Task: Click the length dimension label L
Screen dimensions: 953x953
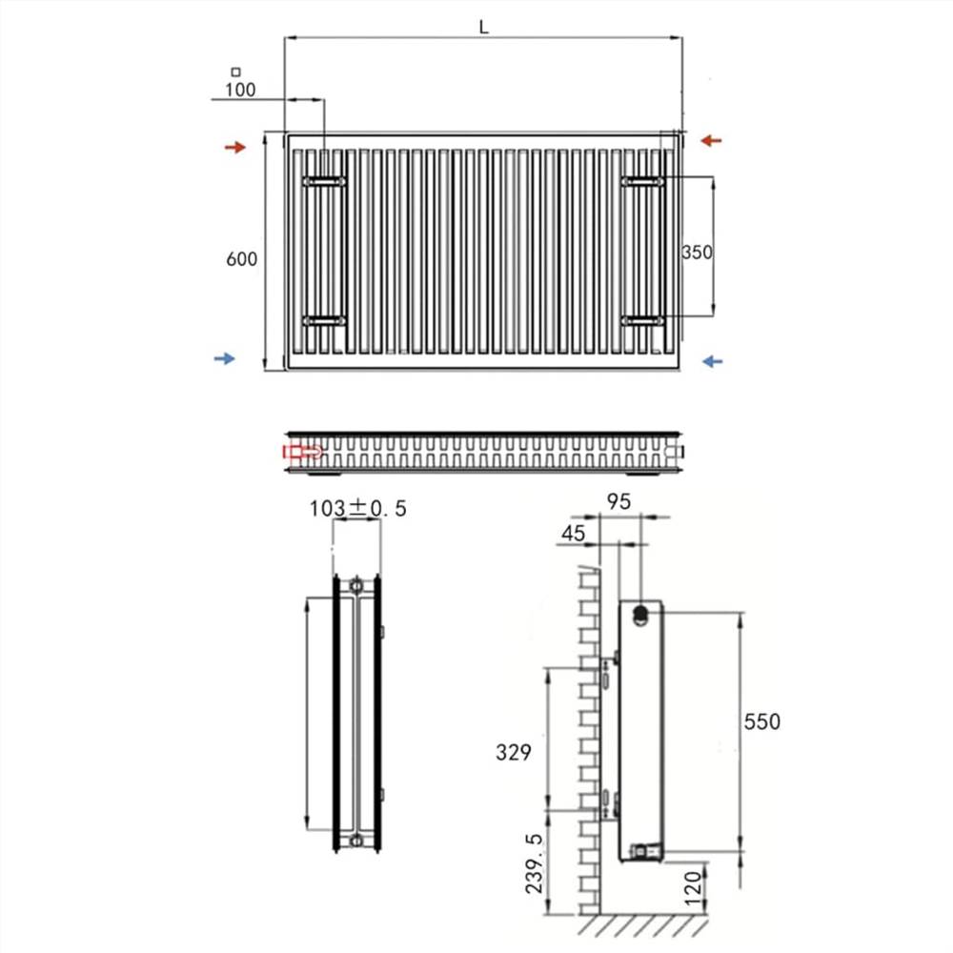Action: (484, 28)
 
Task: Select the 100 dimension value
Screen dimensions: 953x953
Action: (240, 91)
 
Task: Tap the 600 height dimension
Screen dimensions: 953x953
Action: (241, 259)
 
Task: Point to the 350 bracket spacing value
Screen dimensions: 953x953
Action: (697, 253)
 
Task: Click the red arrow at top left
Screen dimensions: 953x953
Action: (234, 147)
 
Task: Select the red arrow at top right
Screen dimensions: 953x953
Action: (711, 141)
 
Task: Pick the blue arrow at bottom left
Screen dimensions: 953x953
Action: (224, 358)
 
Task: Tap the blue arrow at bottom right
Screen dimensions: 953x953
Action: (711, 360)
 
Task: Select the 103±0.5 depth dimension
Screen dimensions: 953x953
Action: (357, 509)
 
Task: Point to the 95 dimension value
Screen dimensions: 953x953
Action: (619, 502)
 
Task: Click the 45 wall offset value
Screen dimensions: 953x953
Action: (574, 535)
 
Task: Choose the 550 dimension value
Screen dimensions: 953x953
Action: (761, 722)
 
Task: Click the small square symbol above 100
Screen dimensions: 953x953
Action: (235, 71)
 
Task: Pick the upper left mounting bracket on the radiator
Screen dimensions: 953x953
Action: (324, 180)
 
